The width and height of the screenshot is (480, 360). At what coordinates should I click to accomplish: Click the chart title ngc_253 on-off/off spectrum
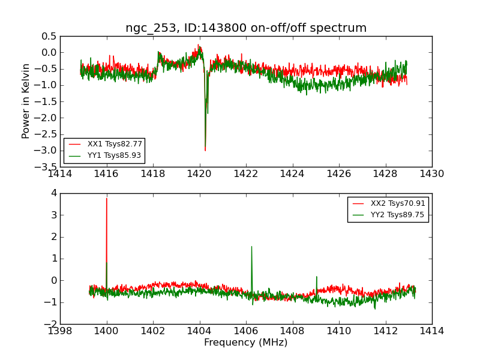pos(246,28)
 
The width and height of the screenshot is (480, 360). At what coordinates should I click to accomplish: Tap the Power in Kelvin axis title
pos(26,101)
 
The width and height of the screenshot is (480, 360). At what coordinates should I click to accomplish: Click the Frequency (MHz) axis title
pos(246,343)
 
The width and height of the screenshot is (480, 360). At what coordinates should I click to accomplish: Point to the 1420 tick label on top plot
pos(199,174)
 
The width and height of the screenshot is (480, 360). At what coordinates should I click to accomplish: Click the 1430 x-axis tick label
pos(431,174)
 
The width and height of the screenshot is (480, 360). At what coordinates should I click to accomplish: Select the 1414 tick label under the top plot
pos(60,174)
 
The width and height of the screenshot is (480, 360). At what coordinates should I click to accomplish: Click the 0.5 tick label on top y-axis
pos(48,36)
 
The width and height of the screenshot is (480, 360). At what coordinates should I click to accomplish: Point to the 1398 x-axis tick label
pos(60,331)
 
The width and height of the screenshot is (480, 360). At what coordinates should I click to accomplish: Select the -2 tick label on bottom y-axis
pos(51,324)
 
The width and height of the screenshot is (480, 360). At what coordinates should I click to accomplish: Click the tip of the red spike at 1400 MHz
pos(107,198)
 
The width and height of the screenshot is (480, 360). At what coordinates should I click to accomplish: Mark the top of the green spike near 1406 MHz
pos(251,246)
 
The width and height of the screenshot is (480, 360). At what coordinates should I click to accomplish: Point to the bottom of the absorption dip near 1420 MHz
pos(205,150)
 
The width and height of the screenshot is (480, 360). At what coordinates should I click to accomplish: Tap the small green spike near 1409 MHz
pos(316,277)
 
